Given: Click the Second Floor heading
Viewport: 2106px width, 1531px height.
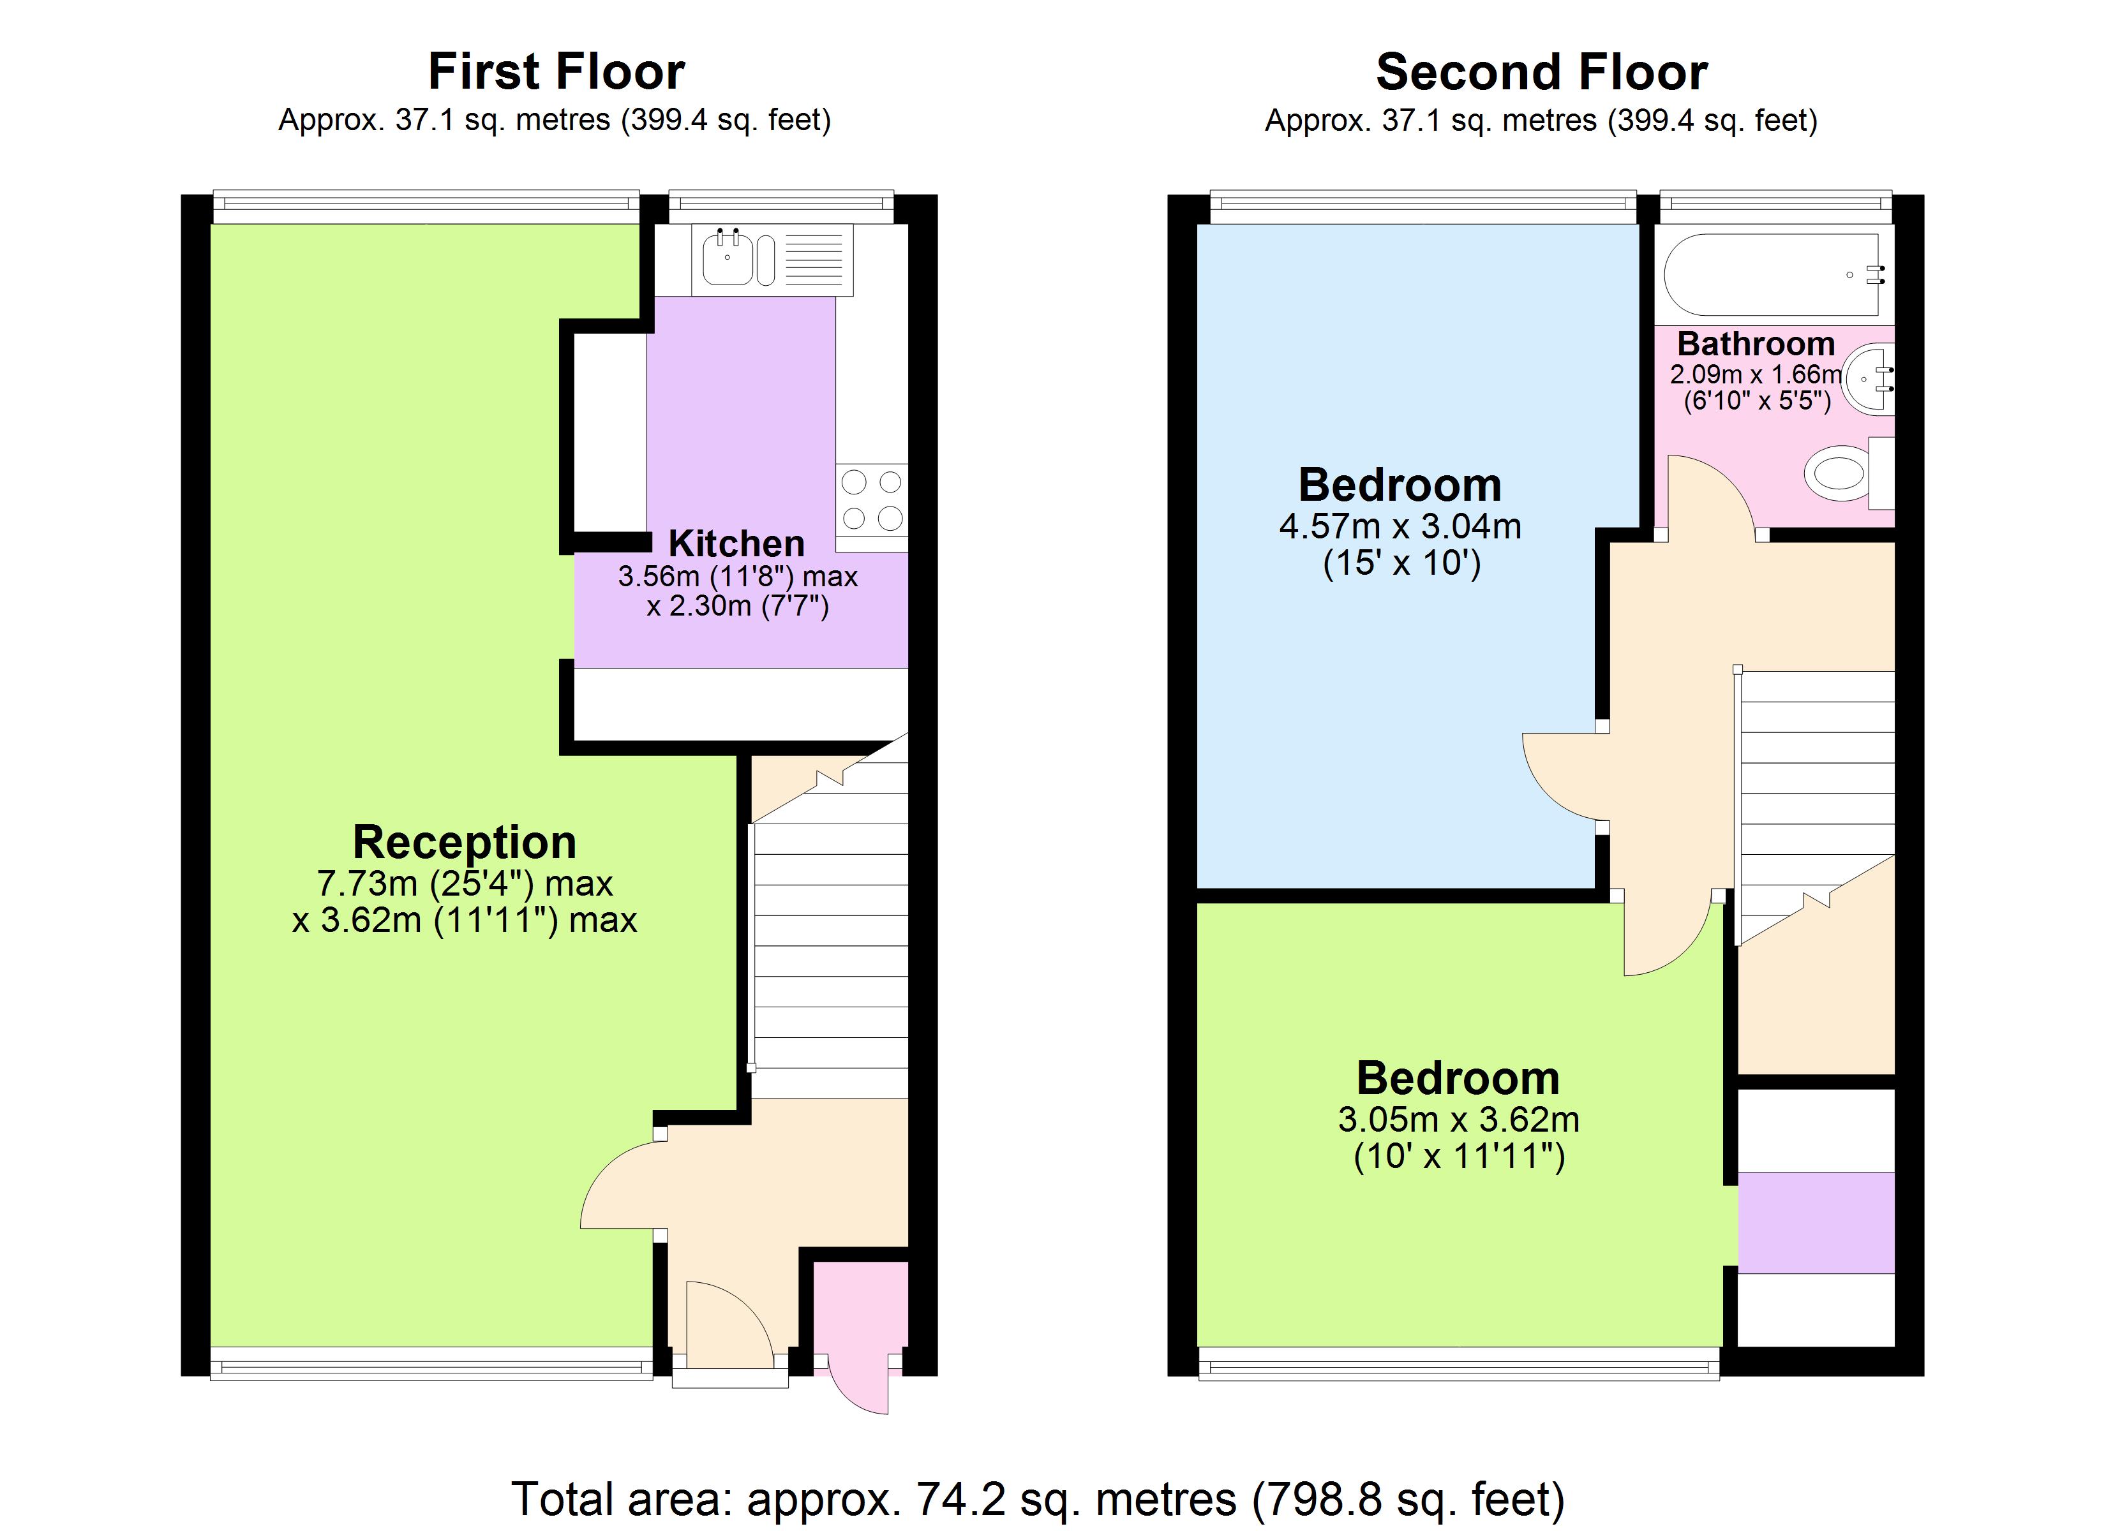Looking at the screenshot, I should [1541, 71].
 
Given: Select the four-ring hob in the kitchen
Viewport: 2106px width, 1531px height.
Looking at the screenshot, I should [871, 499].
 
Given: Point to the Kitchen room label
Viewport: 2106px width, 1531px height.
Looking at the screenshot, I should [736, 543].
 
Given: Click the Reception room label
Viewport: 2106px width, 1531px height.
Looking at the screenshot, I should [465, 842].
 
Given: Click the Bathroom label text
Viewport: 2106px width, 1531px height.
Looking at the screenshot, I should [1755, 344].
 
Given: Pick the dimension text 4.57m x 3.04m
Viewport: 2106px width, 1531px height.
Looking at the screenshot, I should [1400, 526].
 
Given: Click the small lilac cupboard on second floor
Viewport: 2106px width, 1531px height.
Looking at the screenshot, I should [1816, 1222].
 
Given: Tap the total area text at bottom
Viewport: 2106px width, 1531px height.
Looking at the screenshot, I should [1037, 1498].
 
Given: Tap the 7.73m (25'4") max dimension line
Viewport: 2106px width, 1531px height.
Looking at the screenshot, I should [465, 883].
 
